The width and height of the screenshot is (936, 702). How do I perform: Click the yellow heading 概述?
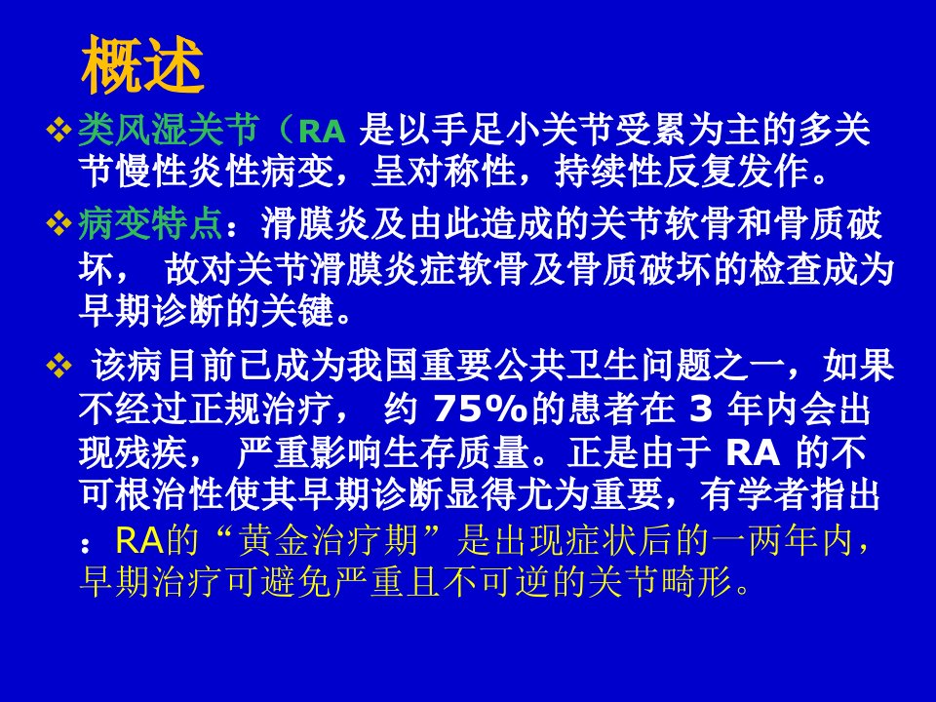pyautogui.click(x=142, y=64)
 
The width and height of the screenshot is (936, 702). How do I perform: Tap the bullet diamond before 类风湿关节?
pyautogui.click(x=58, y=130)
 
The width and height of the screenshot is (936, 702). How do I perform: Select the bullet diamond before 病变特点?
pyautogui.click(x=58, y=225)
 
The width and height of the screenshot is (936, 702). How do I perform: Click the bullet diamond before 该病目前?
pyautogui.click(x=58, y=366)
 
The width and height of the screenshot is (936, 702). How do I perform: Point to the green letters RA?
pyautogui.click(x=322, y=132)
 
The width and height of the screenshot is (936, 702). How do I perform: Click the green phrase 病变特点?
pyautogui.click(x=150, y=224)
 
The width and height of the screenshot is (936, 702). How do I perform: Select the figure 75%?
pyautogui.click(x=481, y=409)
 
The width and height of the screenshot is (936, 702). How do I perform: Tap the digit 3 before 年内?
pyautogui.click(x=701, y=409)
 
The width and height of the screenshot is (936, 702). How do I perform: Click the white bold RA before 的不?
pyautogui.click(x=753, y=453)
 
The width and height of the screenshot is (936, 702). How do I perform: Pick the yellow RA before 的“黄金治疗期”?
pyautogui.click(x=139, y=540)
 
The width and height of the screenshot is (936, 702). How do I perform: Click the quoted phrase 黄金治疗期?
pyautogui.click(x=328, y=540)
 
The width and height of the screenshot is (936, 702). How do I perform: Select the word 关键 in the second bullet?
pyautogui.click(x=296, y=311)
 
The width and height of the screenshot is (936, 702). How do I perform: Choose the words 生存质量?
pyautogui.click(x=456, y=453)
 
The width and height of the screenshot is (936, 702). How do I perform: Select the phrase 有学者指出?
pyautogui.click(x=791, y=495)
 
